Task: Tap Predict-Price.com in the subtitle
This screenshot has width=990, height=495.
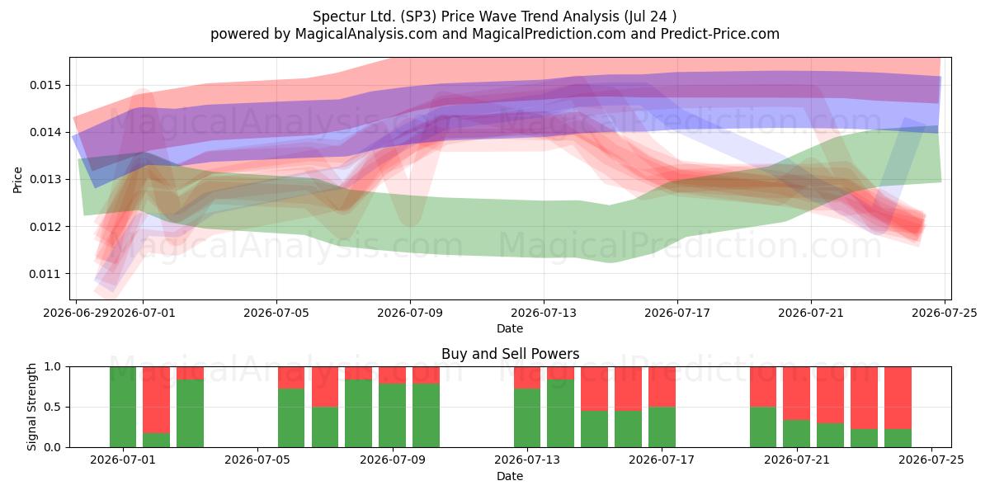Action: pyautogui.click(x=720, y=34)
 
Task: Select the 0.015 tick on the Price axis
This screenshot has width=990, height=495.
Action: pyautogui.click(x=44, y=85)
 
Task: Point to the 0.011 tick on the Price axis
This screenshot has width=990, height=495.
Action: pyautogui.click(x=44, y=274)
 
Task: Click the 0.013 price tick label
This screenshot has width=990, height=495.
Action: pyautogui.click(x=44, y=180)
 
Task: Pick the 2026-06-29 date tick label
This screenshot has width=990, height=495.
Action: pyautogui.click(x=76, y=313)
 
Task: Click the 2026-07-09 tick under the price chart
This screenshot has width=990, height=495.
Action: pyautogui.click(x=410, y=313)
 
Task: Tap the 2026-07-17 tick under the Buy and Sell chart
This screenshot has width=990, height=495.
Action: pyautogui.click(x=662, y=460)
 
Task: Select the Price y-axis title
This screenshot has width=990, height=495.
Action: pyautogui.click(x=17, y=180)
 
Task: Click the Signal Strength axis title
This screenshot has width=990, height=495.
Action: pyautogui.click(x=31, y=407)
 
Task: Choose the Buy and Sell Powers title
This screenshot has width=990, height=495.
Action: pyautogui.click(x=510, y=354)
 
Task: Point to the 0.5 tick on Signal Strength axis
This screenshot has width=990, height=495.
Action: pyautogui.click(x=52, y=407)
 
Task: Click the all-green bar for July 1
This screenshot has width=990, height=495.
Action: pyautogui.click(x=123, y=407)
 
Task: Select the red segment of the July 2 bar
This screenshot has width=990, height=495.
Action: pyautogui.click(x=157, y=400)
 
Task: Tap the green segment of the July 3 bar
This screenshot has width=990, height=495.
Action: pyautogui.click(x=190, y=413)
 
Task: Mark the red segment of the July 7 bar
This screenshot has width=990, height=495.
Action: pyautogui.click(x=325, y=387)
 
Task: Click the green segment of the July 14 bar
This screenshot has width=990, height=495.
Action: pyautogui.click(x=560, y=413)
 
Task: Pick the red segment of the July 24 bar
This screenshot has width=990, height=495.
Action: pyautogui.click(x=898, y=398)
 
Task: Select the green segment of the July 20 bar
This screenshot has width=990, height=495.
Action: pyautogui.click(x=763, y=427)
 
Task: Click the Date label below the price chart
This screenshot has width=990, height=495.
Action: pyautogui.click(x=510, y=328)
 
